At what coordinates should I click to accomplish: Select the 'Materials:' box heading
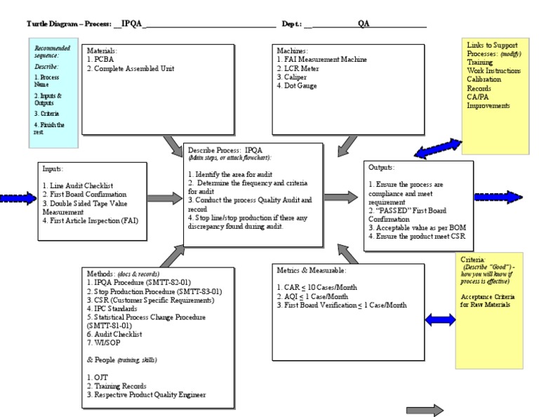click(x=102, y=51)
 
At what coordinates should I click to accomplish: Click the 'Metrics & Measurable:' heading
click(x=312, y=270)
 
